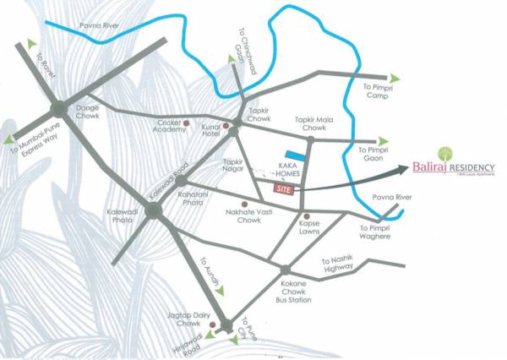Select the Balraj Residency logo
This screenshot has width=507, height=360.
453,169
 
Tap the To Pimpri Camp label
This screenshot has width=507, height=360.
378,90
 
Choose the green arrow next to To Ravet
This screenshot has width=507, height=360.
32,43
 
